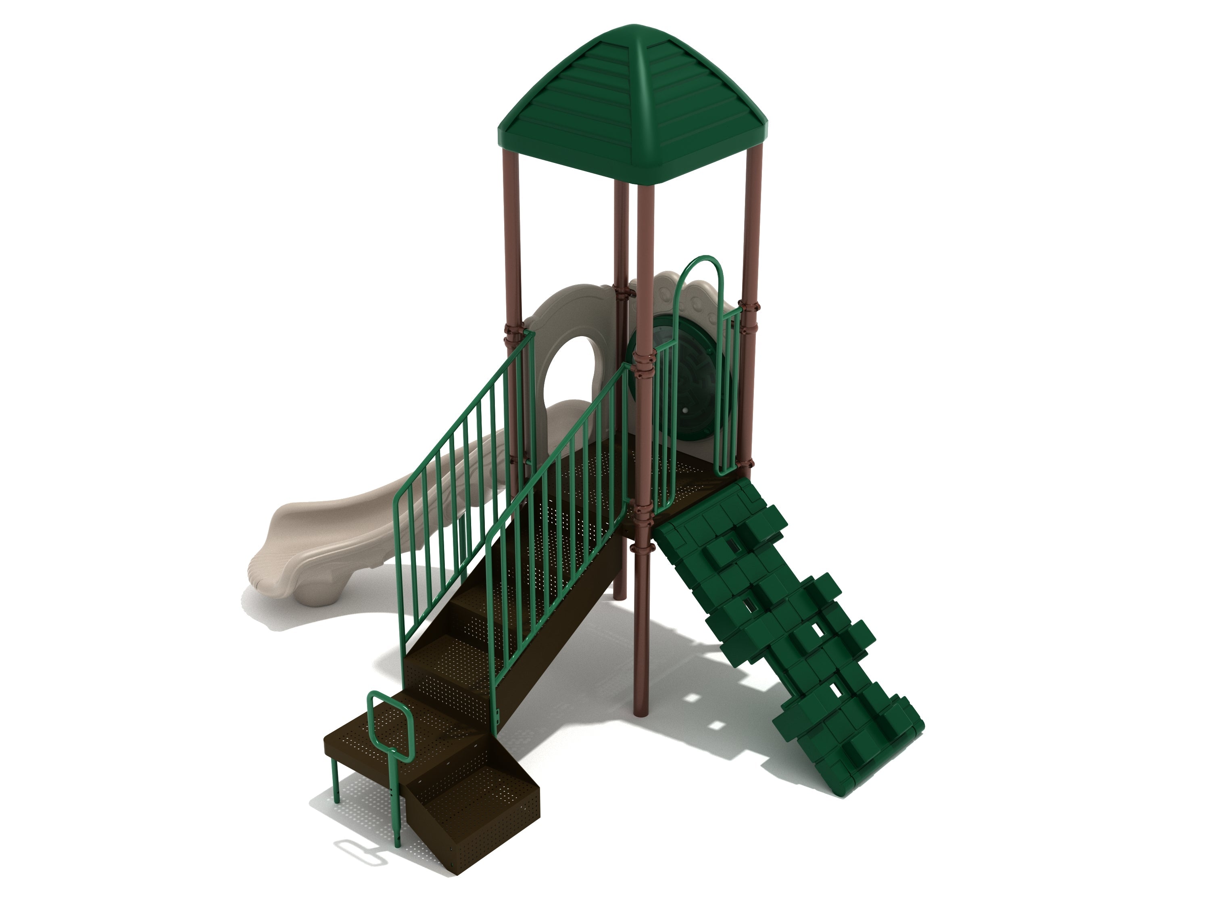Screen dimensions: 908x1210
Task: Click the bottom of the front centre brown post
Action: pyautogui.click(x=640, y=709)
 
